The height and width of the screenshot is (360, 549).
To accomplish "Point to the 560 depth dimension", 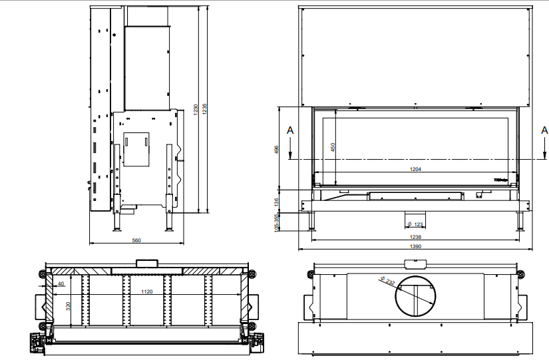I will click(136, 240).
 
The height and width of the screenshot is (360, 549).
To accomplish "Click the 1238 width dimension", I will click(416, 237).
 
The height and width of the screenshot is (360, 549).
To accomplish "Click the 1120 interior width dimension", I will click(146, 291).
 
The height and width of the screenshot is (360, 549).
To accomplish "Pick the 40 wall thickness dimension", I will click(61, 284).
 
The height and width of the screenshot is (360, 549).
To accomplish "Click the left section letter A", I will click(289, 130).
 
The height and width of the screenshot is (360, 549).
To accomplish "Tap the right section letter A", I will click(544, 130).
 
